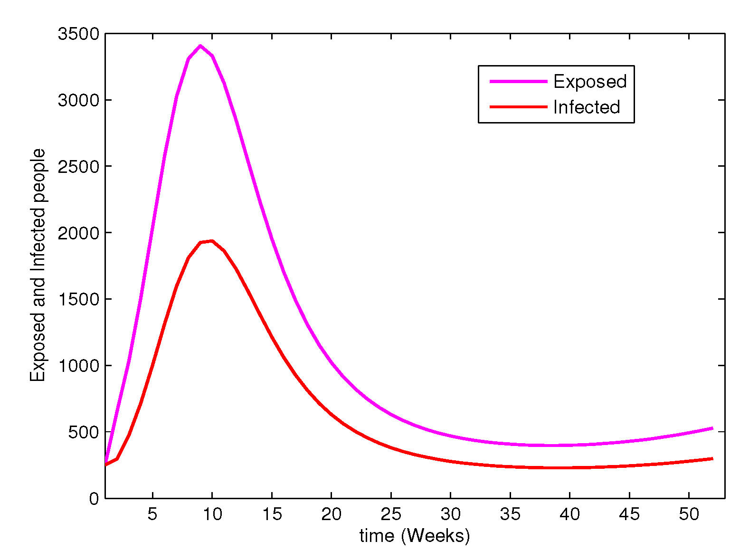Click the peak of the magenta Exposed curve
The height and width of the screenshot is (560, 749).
click(200, 46)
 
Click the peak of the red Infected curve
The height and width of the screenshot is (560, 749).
click(212, 241)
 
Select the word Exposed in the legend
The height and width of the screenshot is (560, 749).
click(590, 82)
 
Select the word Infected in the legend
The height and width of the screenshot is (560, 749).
click(587, 107)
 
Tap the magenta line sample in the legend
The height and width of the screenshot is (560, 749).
click(518, 82)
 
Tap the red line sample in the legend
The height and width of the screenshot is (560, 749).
click(518, 107)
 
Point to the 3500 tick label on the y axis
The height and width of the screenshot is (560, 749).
click(78, 34)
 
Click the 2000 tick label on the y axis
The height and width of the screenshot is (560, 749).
click(78, 233)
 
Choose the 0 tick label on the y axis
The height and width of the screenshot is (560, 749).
click(94, 498)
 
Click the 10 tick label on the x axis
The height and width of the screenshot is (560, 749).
click(212, 514)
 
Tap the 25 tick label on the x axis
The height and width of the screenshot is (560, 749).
click(391, 514)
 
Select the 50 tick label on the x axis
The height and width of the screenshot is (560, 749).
click(689, 514)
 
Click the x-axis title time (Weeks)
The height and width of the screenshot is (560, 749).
click(415, 536)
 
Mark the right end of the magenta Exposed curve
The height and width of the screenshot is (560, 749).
click(712, 428)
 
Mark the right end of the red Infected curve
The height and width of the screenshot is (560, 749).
click(712, 458)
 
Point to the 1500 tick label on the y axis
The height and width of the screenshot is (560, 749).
click(78, 299)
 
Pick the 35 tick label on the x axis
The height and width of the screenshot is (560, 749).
click(510, 514)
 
